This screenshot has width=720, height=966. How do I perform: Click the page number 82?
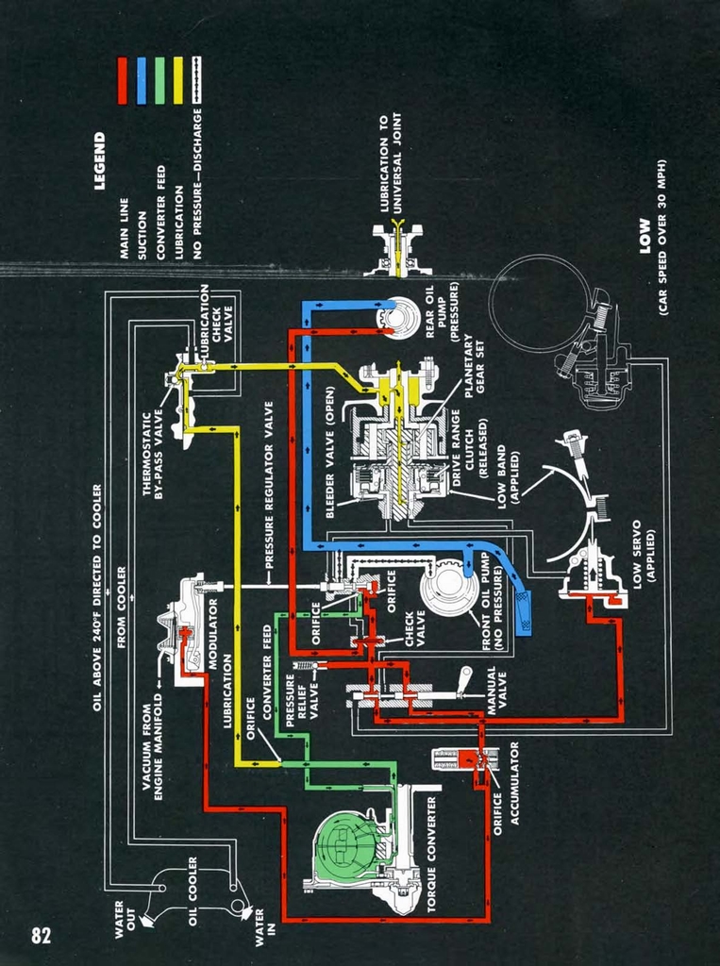40,935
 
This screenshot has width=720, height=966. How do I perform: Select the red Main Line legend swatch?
122,80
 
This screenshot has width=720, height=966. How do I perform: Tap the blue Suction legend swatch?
141,80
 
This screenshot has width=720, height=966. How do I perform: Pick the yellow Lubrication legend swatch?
178,80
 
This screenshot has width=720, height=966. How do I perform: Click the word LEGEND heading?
100,160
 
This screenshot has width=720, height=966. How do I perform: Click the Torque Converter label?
431,854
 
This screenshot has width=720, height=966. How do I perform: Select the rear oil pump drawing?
397,318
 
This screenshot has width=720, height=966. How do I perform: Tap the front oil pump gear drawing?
450,586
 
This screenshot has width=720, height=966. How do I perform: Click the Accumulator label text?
515,782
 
